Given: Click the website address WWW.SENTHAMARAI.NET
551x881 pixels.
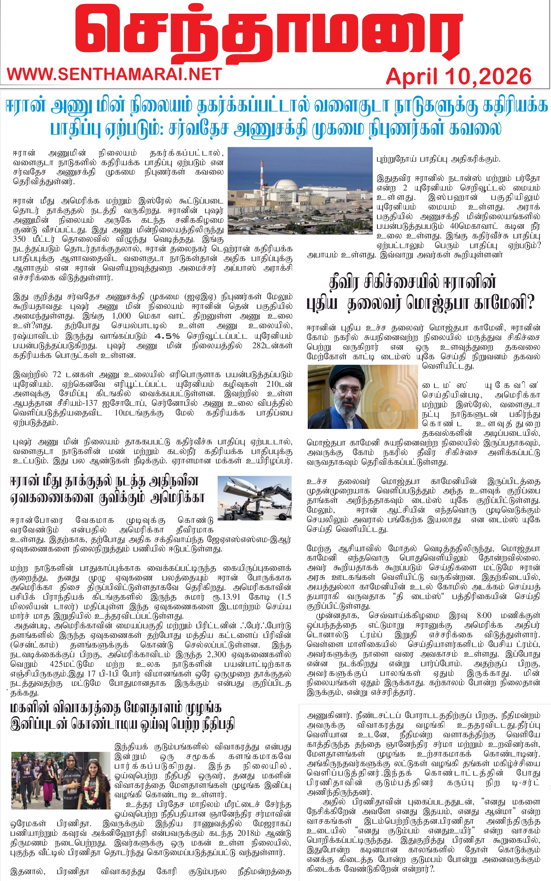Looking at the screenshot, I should click(114, 74).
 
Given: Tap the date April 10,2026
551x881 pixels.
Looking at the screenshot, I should click(458, 77).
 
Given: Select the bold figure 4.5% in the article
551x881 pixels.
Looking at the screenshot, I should click(167, 336).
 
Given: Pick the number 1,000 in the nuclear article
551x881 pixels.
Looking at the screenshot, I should click(121, 316).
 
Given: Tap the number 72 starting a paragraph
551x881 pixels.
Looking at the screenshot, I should click(56, 375).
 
